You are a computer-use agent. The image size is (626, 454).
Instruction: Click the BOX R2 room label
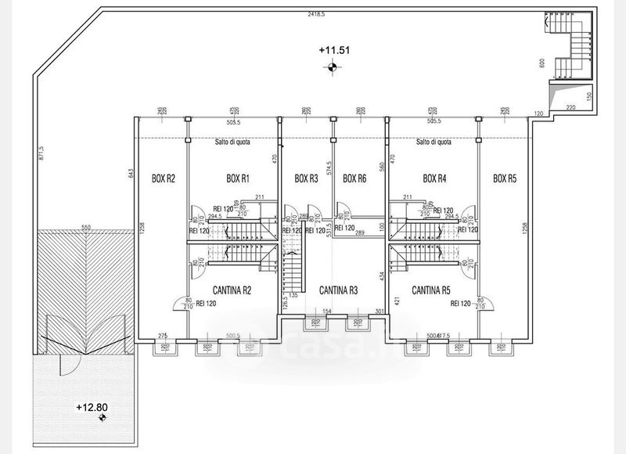coord(163,178)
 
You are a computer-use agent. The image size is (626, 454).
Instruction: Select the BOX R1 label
coord(237,178)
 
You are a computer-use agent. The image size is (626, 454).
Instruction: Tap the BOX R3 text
coord(306,178)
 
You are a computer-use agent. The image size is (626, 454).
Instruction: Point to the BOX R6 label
coord(354,178)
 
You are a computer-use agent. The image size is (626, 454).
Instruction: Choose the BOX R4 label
coord(434,178)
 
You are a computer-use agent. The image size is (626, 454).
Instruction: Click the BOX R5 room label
coord(505,178)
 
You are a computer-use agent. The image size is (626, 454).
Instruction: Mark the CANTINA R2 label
coord(226,290)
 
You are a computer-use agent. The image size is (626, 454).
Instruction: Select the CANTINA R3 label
coord(339,290)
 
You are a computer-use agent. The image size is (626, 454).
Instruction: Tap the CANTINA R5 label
coord(430,290)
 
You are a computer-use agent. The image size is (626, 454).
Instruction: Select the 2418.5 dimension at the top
coord(316,15)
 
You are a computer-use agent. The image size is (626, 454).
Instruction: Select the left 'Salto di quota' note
coord(232,142)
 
